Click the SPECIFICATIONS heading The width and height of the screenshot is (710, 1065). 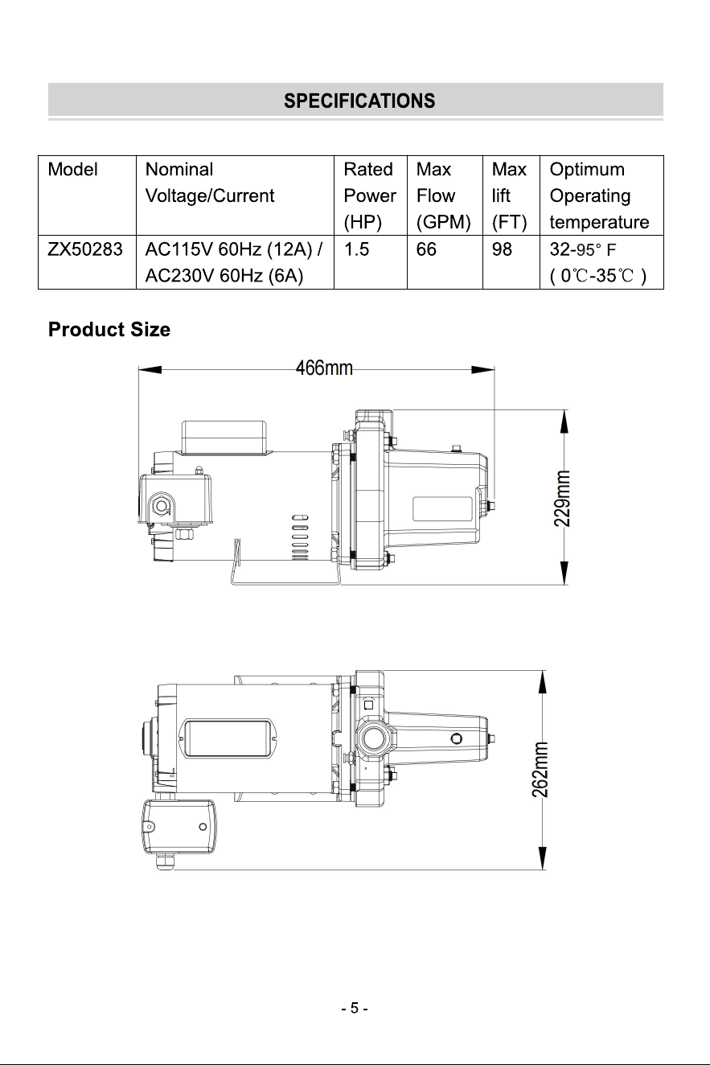359,101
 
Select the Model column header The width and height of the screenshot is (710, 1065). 72,169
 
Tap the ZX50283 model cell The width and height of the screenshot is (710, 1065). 85,249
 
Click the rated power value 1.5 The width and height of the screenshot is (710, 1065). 356,249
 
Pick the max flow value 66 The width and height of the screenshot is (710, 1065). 426,249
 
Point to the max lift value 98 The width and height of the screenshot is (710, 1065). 502,249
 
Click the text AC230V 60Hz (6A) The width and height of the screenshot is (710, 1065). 224,275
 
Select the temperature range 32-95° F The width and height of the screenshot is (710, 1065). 583,249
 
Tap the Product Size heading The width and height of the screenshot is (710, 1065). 109,330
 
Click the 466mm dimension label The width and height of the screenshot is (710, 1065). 324,368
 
